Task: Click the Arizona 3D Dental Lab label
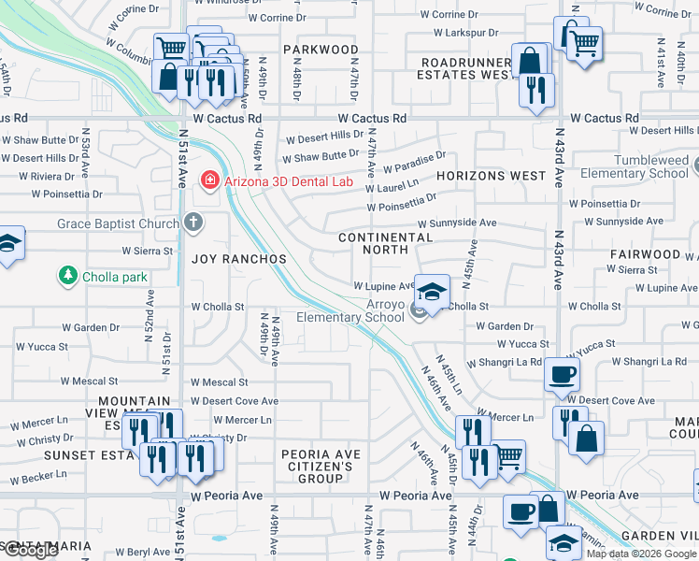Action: click(x=289, y=180)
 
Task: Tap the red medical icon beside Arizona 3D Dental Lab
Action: click(x=210, y=180)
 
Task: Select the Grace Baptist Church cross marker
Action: click(x=193, y=223)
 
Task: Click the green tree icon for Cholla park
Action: click(x=67, y=276)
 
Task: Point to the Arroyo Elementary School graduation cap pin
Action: click(x=432, y=293)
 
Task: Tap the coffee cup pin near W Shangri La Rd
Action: click(x=563, y=376)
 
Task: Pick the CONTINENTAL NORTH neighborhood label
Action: click(x=385, y=243)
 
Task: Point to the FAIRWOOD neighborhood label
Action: click(x=645, y=254)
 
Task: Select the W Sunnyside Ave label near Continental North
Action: click(x=456, y=223)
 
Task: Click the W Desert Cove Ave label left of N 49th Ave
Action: click(x=234, y=401)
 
